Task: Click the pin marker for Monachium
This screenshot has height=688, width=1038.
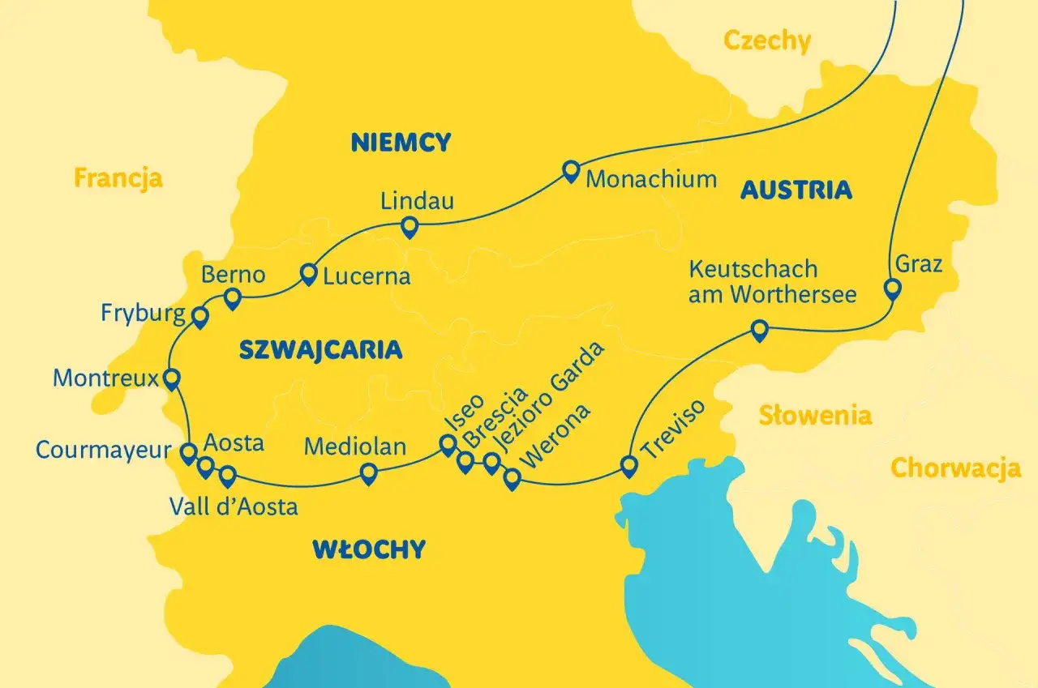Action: click(571, 170)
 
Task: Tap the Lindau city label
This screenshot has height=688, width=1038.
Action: click(418, 202)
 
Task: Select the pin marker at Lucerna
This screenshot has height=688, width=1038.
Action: click(308, 274)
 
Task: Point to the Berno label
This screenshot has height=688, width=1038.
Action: click(234, 275)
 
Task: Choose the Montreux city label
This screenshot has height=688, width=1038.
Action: click(105, 378)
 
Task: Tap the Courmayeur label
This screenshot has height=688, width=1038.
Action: click(104, 450)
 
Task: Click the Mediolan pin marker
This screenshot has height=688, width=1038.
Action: click(368, 473)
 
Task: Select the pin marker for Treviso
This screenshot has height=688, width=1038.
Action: click(629, 466)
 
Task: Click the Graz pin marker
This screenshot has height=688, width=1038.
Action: click(892, 288)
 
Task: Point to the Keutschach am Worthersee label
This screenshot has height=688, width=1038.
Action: click(772, 281)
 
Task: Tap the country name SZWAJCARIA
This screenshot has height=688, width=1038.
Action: click(321, 350)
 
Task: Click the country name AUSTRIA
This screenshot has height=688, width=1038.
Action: click(796, 190)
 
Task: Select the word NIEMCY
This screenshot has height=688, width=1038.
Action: click(401, 143)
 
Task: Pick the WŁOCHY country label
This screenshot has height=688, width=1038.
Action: click(369, 549)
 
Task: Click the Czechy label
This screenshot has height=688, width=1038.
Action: click(766, 41)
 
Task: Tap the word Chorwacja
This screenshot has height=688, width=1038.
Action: click(955, 468)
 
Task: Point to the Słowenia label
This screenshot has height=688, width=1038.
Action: click(815, 416)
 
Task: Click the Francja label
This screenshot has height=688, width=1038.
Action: click(118, 177)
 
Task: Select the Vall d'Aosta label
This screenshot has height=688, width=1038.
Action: click(234, 507)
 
